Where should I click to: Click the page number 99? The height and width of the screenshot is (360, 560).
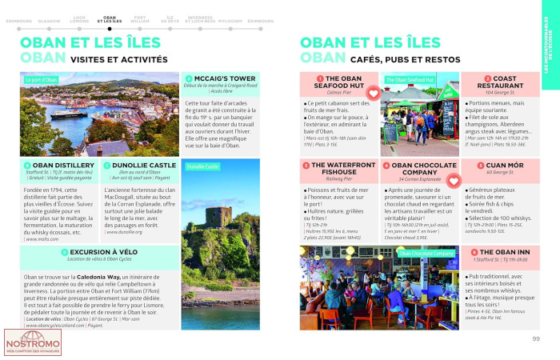535,338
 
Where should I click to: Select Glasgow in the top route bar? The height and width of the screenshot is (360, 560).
49,20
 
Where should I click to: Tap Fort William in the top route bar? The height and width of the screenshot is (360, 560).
140,18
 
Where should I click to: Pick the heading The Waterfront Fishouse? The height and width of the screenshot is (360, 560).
340,168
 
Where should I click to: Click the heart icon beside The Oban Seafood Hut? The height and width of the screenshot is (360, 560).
372,94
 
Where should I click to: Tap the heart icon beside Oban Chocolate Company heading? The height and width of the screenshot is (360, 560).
453,182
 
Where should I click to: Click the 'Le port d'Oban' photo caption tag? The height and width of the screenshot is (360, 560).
42,80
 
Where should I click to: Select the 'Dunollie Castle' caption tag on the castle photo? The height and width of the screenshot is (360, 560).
202,166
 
